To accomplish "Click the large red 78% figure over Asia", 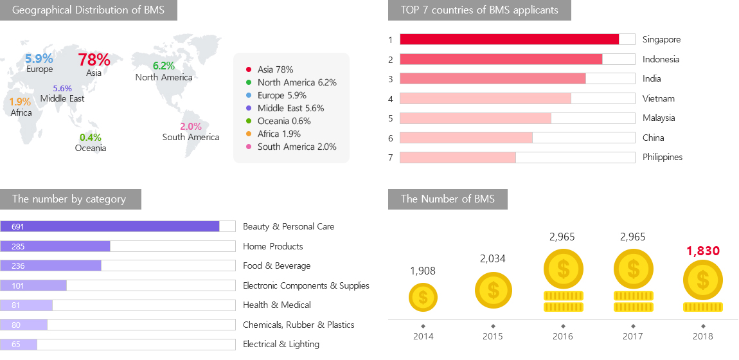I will (94, 60).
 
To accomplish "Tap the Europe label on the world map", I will (40, 69).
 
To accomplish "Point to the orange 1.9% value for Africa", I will (20, 102).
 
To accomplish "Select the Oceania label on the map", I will (90, 148).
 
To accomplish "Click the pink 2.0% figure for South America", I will (191, 127).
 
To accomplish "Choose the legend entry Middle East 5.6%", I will (290, 108).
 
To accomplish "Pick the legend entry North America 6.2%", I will (296, 82).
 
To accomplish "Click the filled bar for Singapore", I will (509, 39).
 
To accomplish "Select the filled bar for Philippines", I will (458, 157).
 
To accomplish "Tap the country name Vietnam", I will (658, 98).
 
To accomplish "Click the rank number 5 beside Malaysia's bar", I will (390, 118).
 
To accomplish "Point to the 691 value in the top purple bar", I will (17, 227).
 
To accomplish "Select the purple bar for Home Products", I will (55, 246).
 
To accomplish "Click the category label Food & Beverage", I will (276, 265).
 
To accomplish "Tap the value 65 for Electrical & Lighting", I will (16, 345).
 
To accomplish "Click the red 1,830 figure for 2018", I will (703, 251).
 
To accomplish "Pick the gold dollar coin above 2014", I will (423, 298).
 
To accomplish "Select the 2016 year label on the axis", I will (563, 336).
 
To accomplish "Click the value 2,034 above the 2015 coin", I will (493, 259).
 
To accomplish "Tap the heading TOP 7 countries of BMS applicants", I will (479, 10).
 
